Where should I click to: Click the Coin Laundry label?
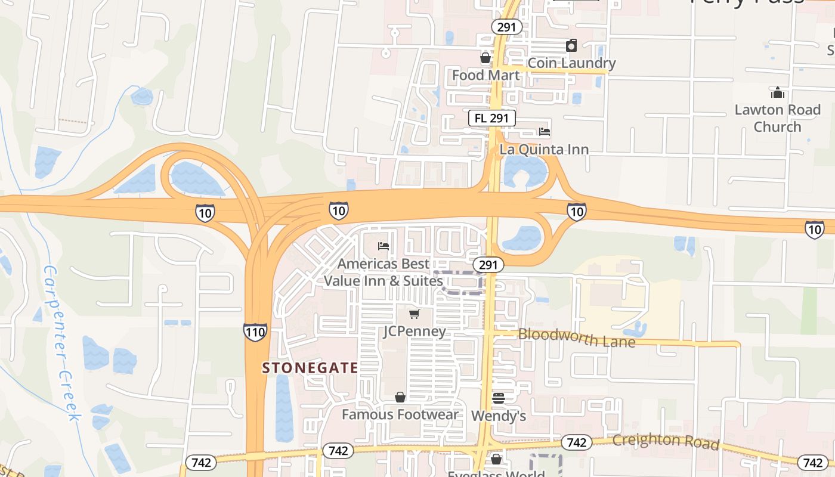tap(571, 63)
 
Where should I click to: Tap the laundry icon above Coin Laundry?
tap(571, 45)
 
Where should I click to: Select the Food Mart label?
tap(485, 75)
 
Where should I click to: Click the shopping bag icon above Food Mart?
tap(485, 58)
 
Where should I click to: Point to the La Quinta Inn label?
tap(544, 149)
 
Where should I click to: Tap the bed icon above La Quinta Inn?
tap(544, 132)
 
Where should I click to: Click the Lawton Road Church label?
tap(777, 118)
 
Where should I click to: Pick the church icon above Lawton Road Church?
tap(777, 92)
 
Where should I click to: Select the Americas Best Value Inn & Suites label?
tap(384, 272)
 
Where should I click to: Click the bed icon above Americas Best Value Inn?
tap(384, 246)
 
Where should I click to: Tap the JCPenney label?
tap(415, 331)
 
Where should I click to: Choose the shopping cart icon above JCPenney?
tap(415, 314)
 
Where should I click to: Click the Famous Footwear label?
tap(400, 414)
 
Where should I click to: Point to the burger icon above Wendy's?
tap(499, 398)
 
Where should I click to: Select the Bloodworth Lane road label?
tap(576, 337)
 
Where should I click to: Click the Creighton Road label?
tap(665, 441)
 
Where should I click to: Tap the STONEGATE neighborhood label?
tap(310, 368)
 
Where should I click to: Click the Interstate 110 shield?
tap(255, 332)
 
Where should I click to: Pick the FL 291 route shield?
tap(491, 118)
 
